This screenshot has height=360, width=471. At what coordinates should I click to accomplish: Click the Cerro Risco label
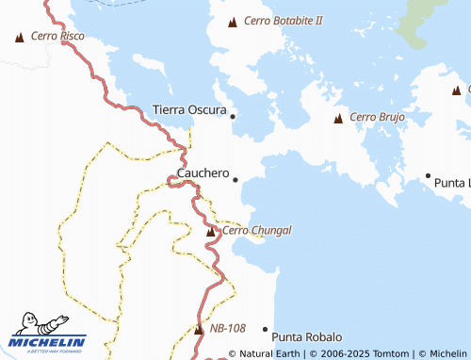tap(57, 36)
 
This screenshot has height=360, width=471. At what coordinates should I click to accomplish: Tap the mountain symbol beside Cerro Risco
tap(20, 38)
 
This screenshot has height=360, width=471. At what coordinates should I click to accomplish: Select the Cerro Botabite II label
tap(283, 20)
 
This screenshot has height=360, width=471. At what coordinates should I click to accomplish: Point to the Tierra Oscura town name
tap(189, 110)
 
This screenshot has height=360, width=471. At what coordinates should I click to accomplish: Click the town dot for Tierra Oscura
tap(233, 116)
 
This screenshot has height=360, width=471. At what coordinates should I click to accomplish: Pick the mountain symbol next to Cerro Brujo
tap(338, 119)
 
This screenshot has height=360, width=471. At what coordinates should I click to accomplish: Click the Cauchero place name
tap(203, 173)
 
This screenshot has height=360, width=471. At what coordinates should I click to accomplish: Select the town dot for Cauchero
tap(235, 179)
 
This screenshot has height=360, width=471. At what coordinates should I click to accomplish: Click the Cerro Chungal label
tap(257, 230)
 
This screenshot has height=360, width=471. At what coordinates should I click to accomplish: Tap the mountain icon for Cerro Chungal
tap(211, 231)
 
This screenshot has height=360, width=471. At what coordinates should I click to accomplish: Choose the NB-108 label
tap(227, 328)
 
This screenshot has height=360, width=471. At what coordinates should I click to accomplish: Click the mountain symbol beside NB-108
tap(199, 330)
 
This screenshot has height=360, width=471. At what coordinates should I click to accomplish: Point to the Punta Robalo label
tap(306, 336)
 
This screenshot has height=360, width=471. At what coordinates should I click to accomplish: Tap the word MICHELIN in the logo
tap(48, 341)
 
